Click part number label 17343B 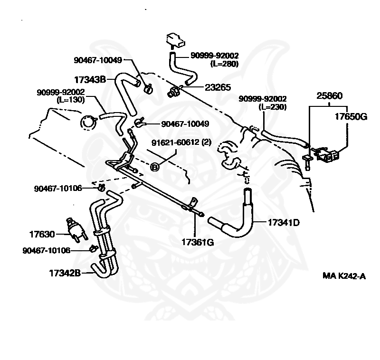(x=90, y=79)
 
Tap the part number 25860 (x=330, y=95)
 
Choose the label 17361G (x=198, y=242)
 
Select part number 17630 (x=42, y=234)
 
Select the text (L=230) (x=274, y=106)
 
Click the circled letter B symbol (x=155, y=166)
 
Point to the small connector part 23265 (x=174, y=90)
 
